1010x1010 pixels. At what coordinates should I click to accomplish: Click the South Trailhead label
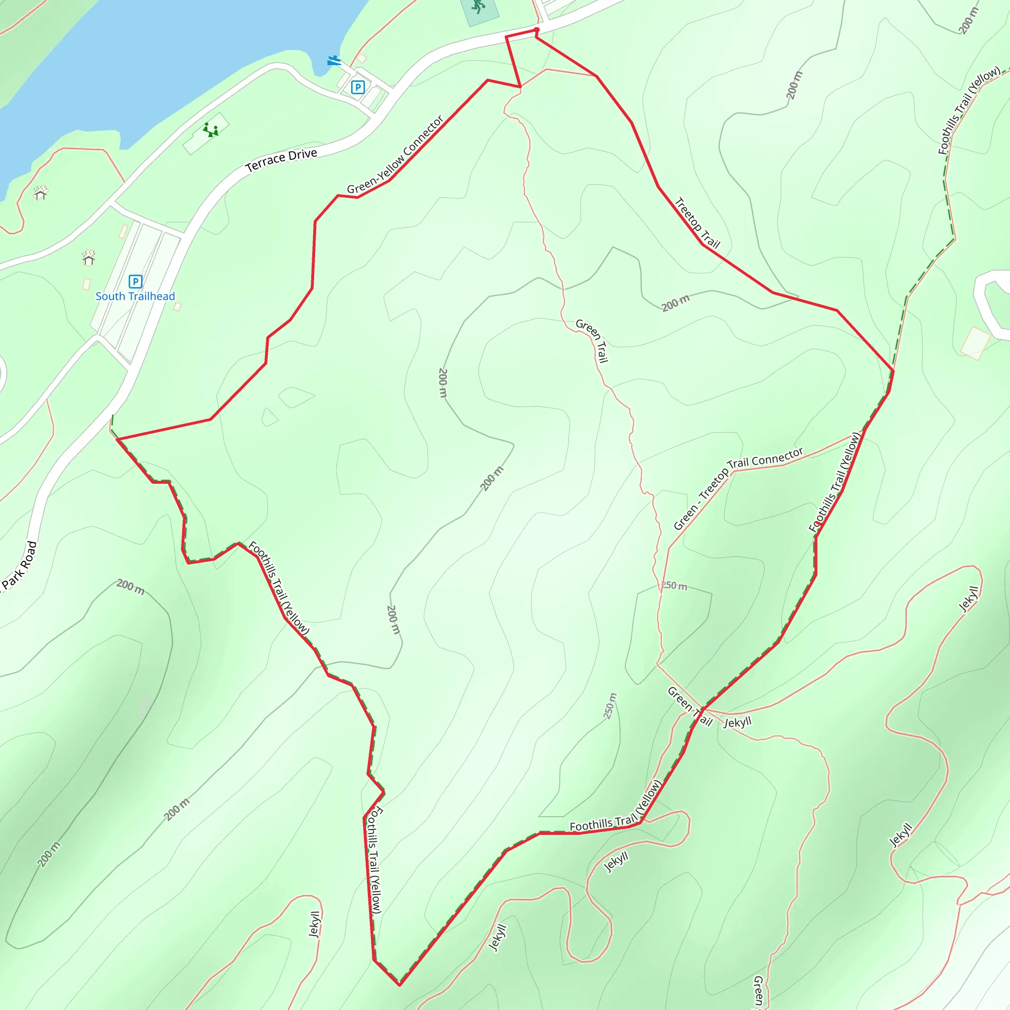[135, 296]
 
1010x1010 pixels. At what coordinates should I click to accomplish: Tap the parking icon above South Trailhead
[136, 281]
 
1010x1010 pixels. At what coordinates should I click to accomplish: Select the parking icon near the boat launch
[358, 87]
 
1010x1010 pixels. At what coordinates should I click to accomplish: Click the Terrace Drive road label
[281, 160]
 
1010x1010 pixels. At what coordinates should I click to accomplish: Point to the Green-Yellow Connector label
[395, 155]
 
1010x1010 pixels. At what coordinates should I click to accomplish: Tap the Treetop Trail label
[697, 222]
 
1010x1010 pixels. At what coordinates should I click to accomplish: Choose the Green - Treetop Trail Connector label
[738, 488]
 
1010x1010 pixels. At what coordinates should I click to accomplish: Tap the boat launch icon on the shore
[333, 61]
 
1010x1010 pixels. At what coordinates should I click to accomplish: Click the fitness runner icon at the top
[478, 6]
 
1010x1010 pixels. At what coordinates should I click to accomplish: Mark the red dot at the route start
[537, 30]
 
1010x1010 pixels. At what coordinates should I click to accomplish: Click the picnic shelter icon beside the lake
[40, 192]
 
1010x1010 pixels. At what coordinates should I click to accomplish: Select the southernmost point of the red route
[399, 985]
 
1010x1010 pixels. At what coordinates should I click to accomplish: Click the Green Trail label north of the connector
[592, 340]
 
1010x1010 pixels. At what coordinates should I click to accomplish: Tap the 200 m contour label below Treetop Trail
[676, 303]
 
